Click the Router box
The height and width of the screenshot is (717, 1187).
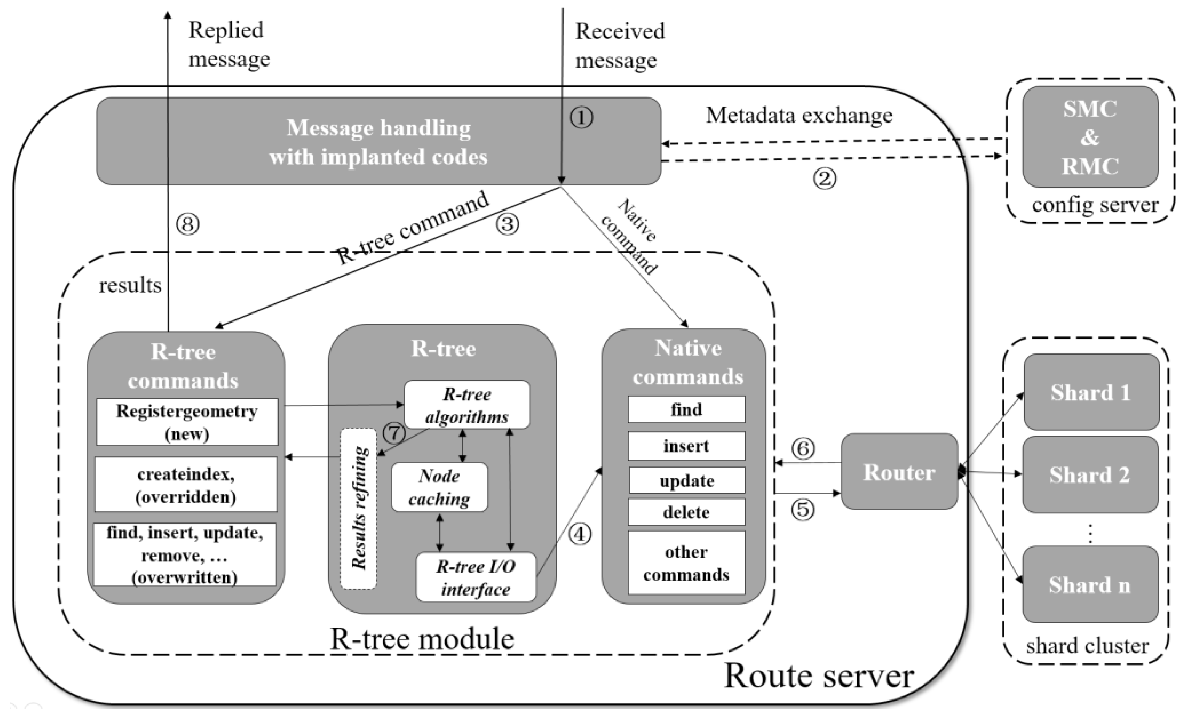899,472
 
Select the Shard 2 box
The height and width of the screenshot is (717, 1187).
1090,475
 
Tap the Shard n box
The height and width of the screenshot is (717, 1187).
1090,584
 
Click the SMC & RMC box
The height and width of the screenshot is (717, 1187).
1090,137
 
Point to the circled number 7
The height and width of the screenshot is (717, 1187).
394,433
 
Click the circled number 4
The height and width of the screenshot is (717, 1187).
580,534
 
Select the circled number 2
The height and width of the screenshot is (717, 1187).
825,179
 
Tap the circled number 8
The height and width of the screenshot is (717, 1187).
187,224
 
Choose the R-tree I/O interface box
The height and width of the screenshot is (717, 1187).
476,577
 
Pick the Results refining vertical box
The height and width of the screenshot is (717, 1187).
359,508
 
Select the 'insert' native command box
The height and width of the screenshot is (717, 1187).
686,446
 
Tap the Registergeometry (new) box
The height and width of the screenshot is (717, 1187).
187,422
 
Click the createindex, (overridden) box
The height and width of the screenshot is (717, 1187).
186,485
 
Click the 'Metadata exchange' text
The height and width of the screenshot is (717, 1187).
799,116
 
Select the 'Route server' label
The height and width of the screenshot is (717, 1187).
819,676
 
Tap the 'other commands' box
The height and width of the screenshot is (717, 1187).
686,563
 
